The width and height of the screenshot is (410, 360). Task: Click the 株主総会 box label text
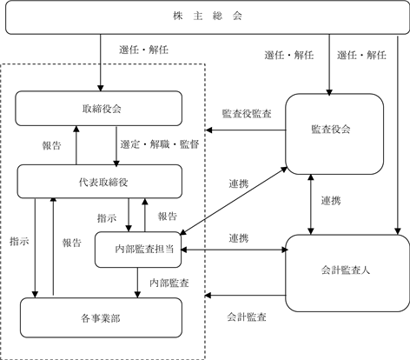click(208, 16)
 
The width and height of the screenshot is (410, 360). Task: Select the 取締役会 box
click(99, 109)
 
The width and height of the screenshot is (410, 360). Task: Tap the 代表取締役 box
click(100, 182)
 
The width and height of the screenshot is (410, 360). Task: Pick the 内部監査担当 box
click(138, 250)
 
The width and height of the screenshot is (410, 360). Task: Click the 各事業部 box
click(101, 317)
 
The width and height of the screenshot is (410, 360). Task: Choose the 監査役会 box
click(334, 134)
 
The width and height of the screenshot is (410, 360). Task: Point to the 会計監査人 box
click(347, 273)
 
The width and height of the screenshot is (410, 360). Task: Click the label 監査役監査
click(247, 114)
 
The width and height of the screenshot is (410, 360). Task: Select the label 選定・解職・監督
click(160, 144)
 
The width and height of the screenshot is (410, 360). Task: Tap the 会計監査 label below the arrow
click(247, 317)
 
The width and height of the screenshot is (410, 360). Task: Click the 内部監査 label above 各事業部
click(169, 283)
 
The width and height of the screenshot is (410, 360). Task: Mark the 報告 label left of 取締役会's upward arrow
click(52, 145)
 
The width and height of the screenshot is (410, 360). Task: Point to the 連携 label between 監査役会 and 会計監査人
click(331, 201)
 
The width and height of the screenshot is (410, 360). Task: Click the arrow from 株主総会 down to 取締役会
click(101, 63)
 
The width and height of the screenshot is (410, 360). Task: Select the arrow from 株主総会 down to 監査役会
click(329, 64)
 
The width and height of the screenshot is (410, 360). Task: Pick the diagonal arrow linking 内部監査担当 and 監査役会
click(234, 201)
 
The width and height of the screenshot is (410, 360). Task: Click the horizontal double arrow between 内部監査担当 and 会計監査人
click(234, 250)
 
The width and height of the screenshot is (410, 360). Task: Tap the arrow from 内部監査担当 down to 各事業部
click(137, 283)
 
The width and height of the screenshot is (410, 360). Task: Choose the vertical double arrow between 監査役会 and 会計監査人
click(311, 204)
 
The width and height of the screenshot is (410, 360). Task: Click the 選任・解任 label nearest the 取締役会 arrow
click(144, 50)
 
